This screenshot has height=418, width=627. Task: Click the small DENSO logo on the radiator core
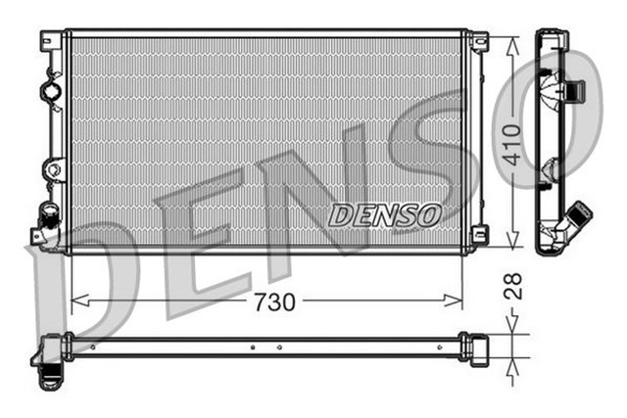(385, 214)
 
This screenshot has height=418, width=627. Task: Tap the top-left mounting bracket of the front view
(49, 42)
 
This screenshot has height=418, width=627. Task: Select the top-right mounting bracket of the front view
(478, 42)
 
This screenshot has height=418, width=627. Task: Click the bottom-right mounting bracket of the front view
(478, 235)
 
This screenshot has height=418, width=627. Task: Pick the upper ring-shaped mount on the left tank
(50, 92)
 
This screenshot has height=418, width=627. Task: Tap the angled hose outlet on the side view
(580, 216)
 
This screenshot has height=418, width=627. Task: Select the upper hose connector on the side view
(577, 90)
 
